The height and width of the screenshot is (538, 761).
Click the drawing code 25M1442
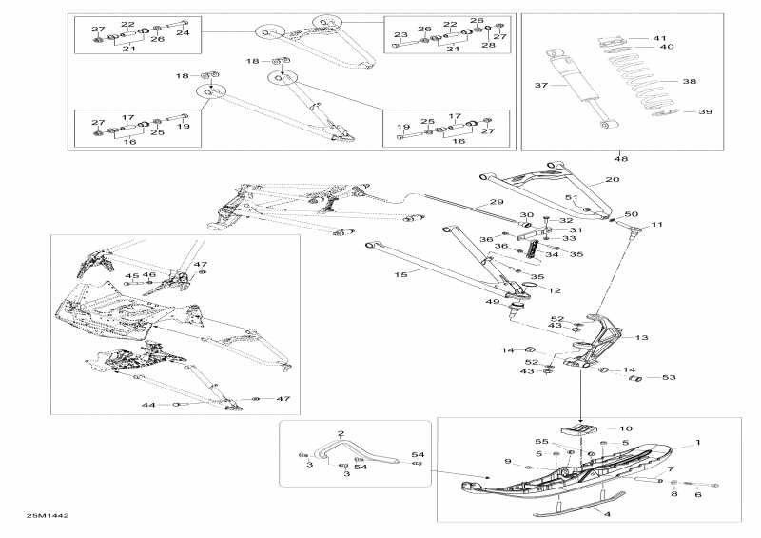pyautogui.click(x=48, y=515)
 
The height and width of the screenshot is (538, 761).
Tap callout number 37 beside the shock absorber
pyautogui.click(x=543, y=86)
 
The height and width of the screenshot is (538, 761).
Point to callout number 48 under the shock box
pyautogui.click(x=621, y=158)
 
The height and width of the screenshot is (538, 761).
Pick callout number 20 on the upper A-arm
pyautogui.click(x=613, y=179)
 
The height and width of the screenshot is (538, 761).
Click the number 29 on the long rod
pyautogui.click(x=496, y=202)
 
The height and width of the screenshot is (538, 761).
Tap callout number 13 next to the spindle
pyautogui.click(x=641, y=337)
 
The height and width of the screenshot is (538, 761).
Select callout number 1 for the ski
pyautogui.click(x=697, y=443)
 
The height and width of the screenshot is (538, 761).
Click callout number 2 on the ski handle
pyautogui.click(x=314, y=433)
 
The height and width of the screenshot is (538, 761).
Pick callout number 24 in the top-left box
pyautogui.click(x=184, y=32)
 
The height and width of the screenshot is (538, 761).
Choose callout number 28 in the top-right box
pyautogui.click(x=489, y=46)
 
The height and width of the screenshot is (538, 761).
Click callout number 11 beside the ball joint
pyautogui.click(x=656, y=225)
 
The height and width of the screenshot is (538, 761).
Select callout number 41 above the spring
pyautogui.click(x=660, y=37)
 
